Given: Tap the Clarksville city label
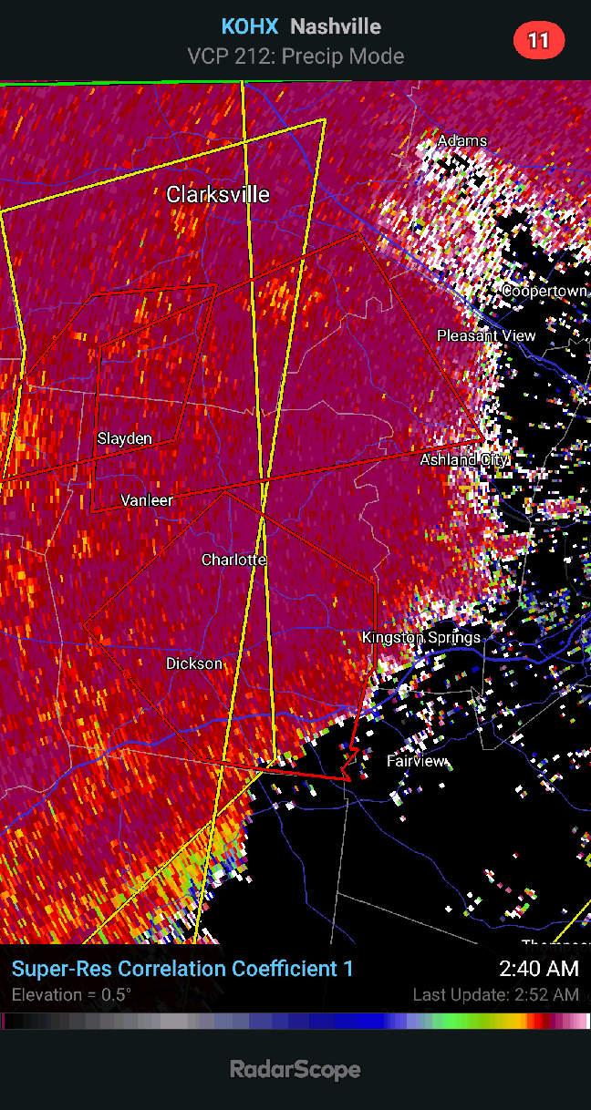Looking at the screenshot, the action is (218, 194).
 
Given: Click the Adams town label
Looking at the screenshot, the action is (462, 141).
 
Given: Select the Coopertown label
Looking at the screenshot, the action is (544, 291).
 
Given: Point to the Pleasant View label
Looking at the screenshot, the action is (486, 335).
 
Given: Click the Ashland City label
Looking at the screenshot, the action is (463, 460).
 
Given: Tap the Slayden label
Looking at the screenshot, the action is (125, 438).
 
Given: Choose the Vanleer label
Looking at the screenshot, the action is (147, 500).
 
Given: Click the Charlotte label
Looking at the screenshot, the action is (233, 560).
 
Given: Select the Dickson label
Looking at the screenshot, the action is (194, 663).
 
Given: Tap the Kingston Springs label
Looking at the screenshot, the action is (421, 637).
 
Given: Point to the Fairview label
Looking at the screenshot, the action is (417, 761).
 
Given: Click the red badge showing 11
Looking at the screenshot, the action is (539, 40).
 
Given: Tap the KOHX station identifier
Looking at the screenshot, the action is (249, 26).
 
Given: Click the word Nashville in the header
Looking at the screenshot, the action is (336, 26).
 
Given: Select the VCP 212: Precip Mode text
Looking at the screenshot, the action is (295, 57).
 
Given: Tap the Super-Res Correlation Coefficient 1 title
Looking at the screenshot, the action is (182, 969).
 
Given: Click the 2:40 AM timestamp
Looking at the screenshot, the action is (538, 969).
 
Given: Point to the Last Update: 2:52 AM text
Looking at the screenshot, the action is (495, 994).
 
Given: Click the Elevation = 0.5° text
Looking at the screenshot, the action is (71, 994).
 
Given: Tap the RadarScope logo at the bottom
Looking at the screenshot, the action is (295, 1069).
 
